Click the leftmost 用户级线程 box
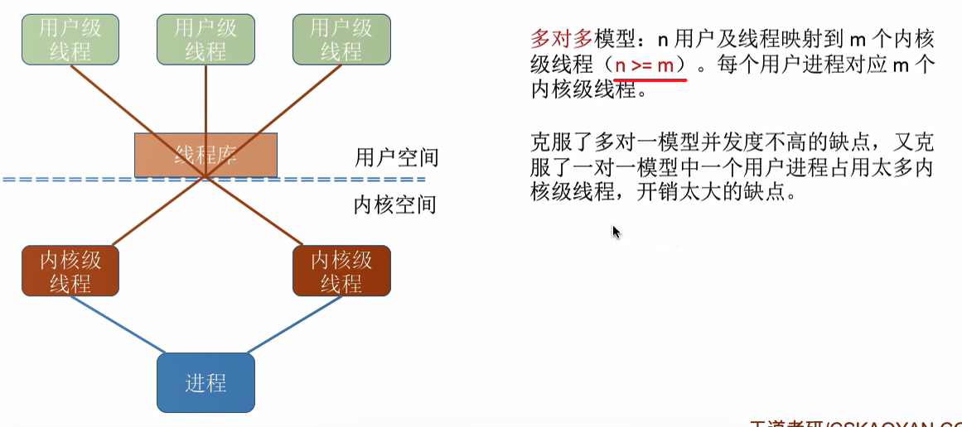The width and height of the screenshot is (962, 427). coord(70,39)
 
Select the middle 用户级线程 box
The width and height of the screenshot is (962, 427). coord(205,39)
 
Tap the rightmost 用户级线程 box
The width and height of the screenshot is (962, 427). coord(341,39)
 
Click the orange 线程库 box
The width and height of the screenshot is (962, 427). coord(205,154)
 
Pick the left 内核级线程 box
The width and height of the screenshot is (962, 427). coord(70,271)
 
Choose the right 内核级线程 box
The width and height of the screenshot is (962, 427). coord(341,271)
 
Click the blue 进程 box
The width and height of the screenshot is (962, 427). coord(205,383)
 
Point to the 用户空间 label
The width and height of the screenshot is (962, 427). coord(396,157)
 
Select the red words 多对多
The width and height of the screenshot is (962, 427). coord(562,39)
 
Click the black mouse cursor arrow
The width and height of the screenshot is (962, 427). coord(616,232)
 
